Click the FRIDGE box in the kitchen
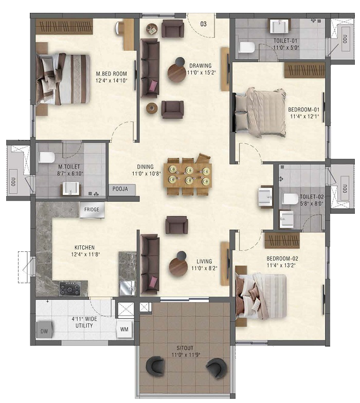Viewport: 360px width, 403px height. pyautogui.click(x=92, y=210)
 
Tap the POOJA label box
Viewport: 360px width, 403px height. pyautogui.click(x=120, y=189)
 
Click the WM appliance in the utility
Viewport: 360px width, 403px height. pyautogui.click(x=124, y=329)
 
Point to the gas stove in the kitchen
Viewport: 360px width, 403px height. pyautogui.click(x=70, y=289)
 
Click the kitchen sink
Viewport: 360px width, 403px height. pyautogui.click(x=128, y=288)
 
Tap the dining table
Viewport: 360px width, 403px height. pyautogui.click(x=188, y=176)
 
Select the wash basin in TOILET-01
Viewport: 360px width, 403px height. pyautogui.click(x=279, y=26)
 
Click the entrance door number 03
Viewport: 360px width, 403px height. pyautogui.click(x=203, y=24)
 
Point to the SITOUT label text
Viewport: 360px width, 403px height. pyautogui.click(x=185, y=348)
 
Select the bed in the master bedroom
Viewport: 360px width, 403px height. pyautogui.click(x=63, y=79)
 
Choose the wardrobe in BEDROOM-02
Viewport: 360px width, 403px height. pyautogui.click(x=282, y=241)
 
